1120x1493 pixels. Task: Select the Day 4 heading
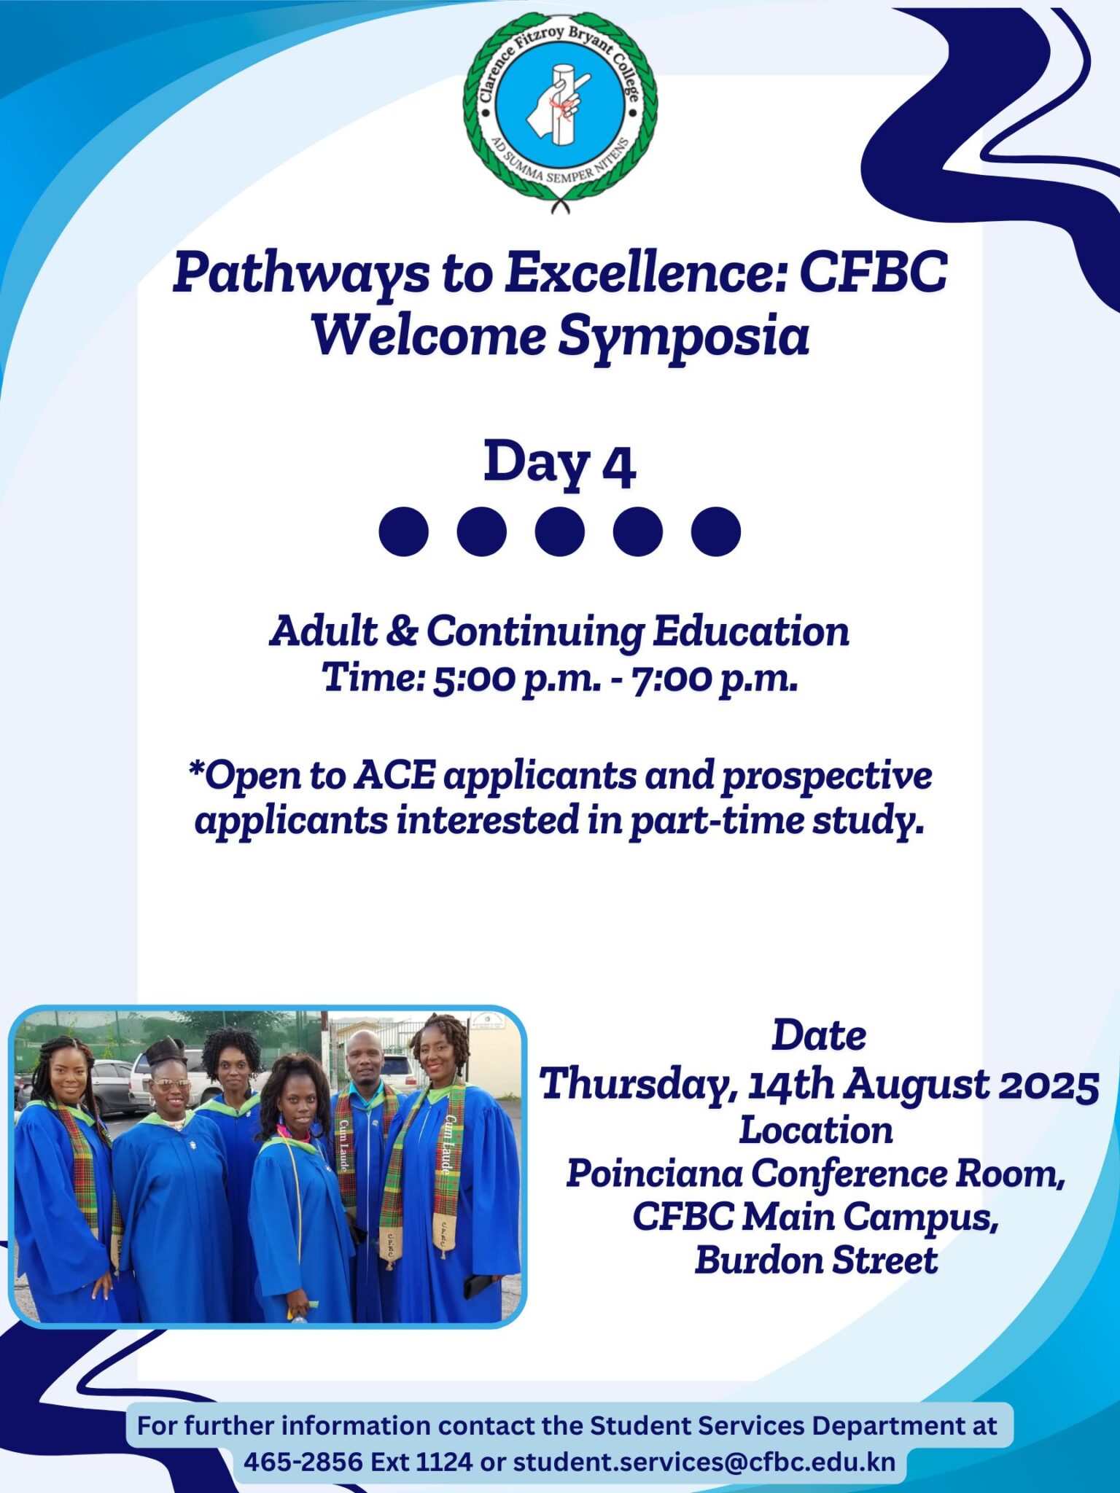point(559,463)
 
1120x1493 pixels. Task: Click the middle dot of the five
point(559,531)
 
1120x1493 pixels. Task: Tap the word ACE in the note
point(394,776)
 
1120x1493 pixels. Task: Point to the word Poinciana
point(653,1174)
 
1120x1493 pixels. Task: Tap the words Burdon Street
point(816,1261)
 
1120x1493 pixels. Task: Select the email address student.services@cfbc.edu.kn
point(704,1462)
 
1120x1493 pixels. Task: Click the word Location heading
point(816,1131)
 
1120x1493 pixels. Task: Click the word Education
point(750,631)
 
